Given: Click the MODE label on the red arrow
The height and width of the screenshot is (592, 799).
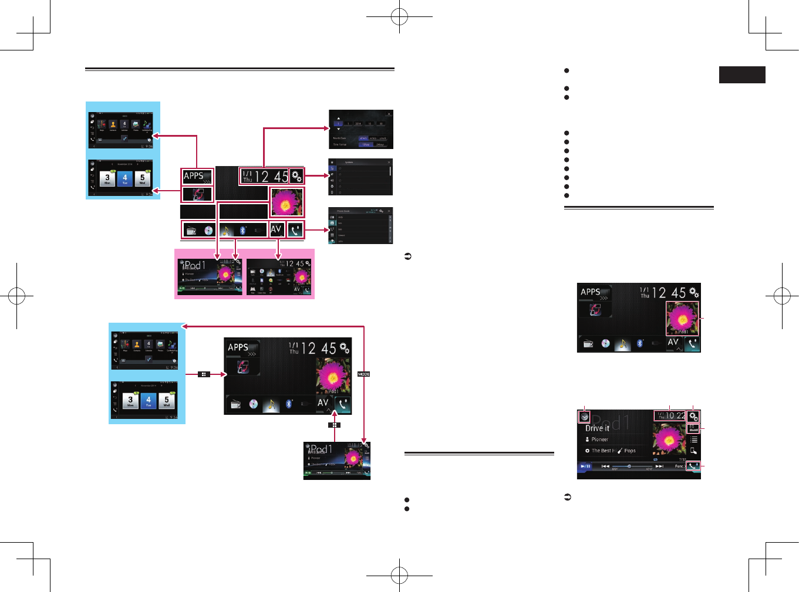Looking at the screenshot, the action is tap(364, 374).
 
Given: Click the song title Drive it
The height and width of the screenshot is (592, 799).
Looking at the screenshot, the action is tap(597, 428).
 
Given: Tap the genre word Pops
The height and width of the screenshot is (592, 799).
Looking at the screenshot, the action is tap(630, 451).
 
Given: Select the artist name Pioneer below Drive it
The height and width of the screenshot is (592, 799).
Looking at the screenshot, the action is tap(599, 439).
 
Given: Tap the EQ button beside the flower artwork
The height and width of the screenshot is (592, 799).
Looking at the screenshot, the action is tap(693, 428).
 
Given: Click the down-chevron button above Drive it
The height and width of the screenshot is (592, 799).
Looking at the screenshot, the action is tap(584, 417).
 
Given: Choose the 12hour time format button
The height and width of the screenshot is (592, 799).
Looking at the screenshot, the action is tap(366, 144).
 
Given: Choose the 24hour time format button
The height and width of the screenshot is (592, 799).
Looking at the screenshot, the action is tap(380, 144).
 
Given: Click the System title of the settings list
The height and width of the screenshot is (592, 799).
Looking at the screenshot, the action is tap(349, 162).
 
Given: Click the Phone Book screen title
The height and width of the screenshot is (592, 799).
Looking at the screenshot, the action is tap(343, 211).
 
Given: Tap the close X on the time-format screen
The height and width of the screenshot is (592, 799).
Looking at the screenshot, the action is tap(389, 114).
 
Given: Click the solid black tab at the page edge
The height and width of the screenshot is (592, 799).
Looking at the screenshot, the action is tap(742, 75).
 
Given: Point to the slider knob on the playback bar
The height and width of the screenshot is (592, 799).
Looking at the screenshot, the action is tap(629, 466).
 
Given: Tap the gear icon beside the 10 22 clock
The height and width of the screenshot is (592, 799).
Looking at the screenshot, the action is tap(693, 416).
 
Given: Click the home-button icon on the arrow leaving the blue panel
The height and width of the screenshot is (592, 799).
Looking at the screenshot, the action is tap(204, 374).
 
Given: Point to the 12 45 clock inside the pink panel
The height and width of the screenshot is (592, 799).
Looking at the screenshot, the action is tap(295, 264).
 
